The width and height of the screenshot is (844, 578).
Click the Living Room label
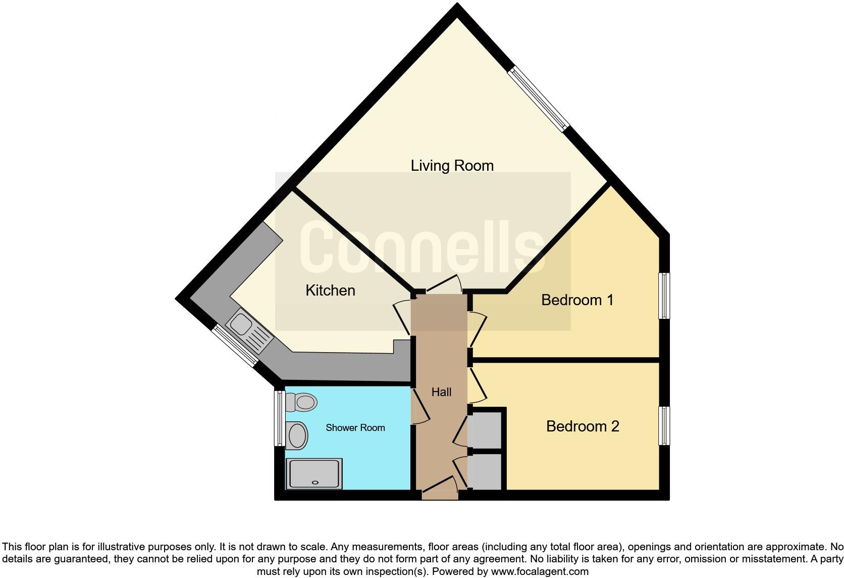[x=452, y=165]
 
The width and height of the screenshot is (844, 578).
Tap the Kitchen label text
[x=330, y=290]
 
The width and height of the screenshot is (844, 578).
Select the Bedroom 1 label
[x=577, y=300]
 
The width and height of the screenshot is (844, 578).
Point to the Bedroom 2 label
[x=583, y=426]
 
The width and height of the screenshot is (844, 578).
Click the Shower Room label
[x=355, y=428]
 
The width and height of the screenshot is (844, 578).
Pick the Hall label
[x=441, y=392]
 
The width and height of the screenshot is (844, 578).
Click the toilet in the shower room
[x=301, y=403]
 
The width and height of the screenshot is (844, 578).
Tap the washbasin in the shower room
[x=297, y=435]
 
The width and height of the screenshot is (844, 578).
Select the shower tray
[x=314, y=473]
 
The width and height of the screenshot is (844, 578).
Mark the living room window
[x=539, y=99]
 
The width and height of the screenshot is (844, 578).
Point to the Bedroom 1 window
[x=664, y=296]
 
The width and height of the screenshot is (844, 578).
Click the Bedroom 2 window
[x=664, y=425]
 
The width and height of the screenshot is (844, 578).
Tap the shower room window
[x=279, y=417]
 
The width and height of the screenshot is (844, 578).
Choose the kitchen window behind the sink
[x=234, y=345]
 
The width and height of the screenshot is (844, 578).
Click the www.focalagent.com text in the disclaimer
[x=539, y=572]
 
